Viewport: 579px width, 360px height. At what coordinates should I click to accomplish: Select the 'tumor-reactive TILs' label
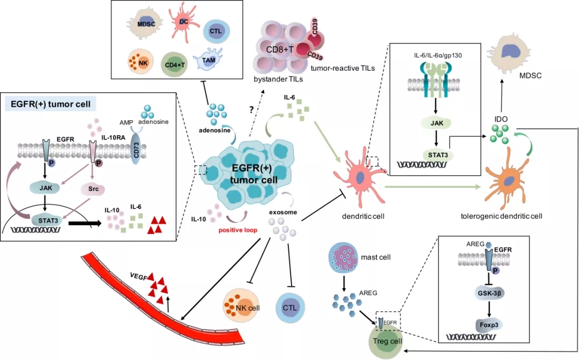click(x=343, y=68)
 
